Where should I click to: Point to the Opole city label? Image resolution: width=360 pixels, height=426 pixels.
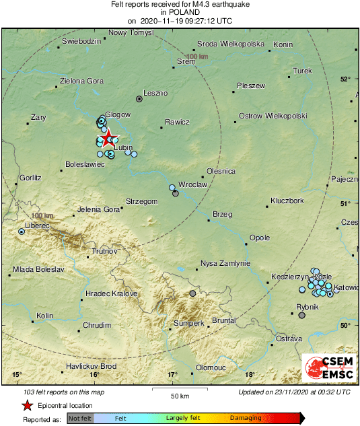pyautogui.click(x=260, y=238)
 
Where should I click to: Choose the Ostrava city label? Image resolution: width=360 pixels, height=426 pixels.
pyautogui.click(x=289, y=338)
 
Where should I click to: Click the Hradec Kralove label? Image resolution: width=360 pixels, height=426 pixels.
pyautogui.click(x=112, y=294)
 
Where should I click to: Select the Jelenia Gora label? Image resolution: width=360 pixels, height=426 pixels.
pyautogui.click(x=98, y=209)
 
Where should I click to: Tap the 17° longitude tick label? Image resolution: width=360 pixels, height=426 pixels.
pyautogui.click(x=172, y=375)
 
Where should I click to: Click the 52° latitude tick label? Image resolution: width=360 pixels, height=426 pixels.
pyautogui.click(x=345, y=79)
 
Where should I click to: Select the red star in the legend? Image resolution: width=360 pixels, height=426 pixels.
pyautogui.click(x=27, y=406)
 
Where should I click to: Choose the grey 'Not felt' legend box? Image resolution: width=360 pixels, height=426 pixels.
pyautogui.click(x=80, y=419)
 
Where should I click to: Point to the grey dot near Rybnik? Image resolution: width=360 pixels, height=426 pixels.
pyautogui.click(x=302, y=315)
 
